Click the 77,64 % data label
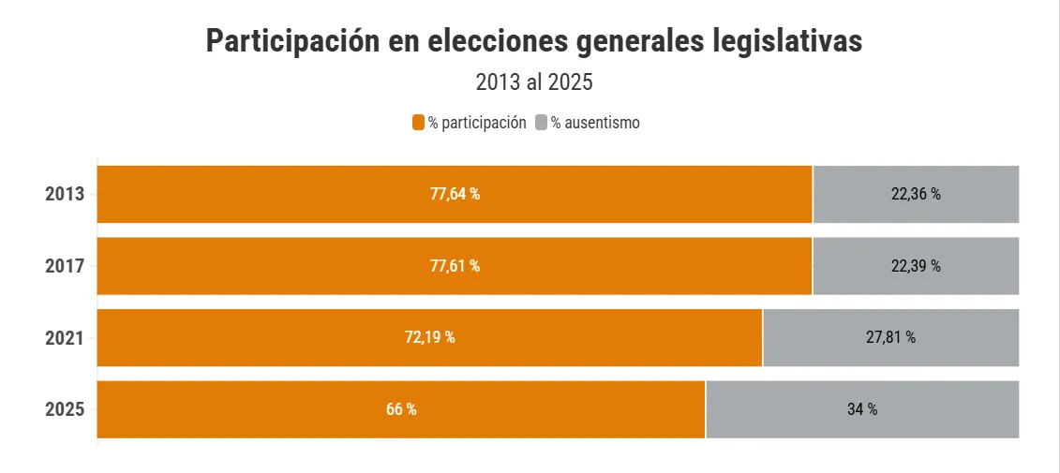coord(455,195)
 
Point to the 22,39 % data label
coord(916,266)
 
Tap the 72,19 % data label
coord(429,337)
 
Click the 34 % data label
coord(861,409)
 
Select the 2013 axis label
coord(65,195)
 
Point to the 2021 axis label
coord(65,337)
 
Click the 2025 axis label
coord(65,409)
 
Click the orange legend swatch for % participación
coord(419,123)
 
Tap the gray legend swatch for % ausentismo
coord(541,123)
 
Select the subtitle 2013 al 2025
coord(534,82)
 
